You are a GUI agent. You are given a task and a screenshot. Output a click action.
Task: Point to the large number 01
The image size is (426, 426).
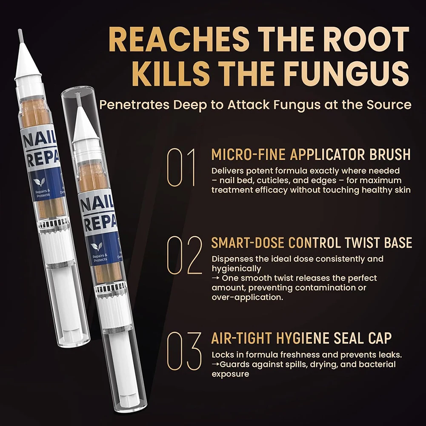click(181, 167)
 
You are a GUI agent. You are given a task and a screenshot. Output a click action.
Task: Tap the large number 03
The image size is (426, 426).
click(184, 351)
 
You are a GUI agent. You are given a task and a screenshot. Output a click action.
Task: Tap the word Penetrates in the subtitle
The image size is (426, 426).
click(130, 105)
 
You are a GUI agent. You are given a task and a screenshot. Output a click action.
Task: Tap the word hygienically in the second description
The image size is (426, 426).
click(236, 269)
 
